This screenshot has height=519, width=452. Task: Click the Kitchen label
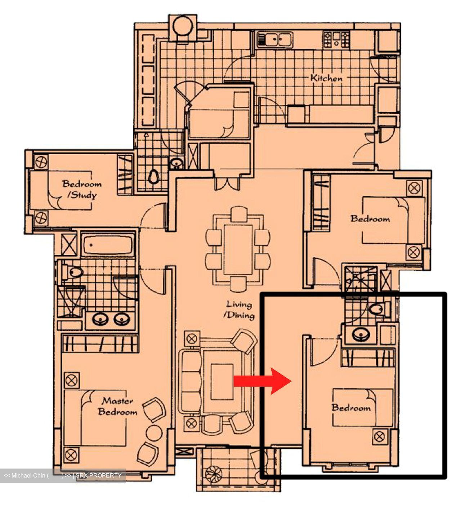pyautogui.click(x=327, y=78)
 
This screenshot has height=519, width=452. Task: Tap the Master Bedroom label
pyautogui.click(x=118, y=406)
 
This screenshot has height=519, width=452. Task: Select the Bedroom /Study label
pyautogui.click(x=82, y=189)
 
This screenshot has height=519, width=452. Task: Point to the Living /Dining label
pyautogui.click(x=239, y=310)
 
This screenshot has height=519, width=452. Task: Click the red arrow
pyautogui.click(x=262, y=381)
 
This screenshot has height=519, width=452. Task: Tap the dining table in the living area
pyautogui.click(x=238, y=250)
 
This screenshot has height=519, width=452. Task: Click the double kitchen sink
pyautogui.click(x=275, y=39)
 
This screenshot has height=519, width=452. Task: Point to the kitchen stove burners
pyautogui.click(x=336, y=40)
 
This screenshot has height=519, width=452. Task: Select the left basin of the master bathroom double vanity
pyautogui.click(x=100, y=319)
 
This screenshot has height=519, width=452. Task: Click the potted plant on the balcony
pyautogui.click(x=214, y=473)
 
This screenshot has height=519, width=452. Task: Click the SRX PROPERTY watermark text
pyautogui.click(x=98, y=475)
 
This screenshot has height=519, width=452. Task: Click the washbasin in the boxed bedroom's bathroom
pyautogui.click(x=361, y=335)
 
